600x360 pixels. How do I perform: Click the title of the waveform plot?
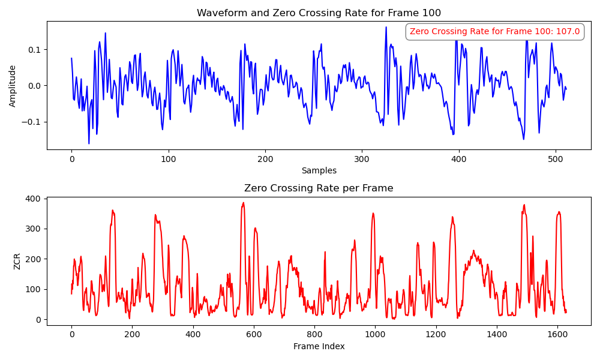[319, 13]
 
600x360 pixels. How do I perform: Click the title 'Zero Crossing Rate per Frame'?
[319, 188]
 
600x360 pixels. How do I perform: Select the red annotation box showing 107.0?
[494, 31]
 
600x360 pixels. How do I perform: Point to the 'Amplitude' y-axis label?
[13, 86]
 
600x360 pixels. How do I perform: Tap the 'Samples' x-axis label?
[319, 170]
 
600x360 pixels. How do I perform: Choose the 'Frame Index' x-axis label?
[319, 346]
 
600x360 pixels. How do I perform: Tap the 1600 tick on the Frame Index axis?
[557, 335]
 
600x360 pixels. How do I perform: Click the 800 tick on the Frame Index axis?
[314, 335]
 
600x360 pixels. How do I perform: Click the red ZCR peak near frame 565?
[243, 203]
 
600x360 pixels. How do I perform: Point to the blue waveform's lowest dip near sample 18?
[89, 143]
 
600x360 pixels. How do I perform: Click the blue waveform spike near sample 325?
[386, 28]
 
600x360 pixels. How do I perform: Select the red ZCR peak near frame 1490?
[524, 205]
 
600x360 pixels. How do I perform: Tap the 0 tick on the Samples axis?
[71, 160]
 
